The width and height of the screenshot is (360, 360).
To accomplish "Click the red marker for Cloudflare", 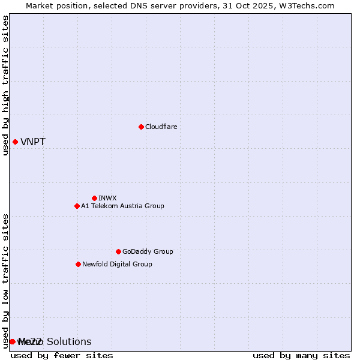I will click(141, 127).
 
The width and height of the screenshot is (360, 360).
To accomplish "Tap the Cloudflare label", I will click(161, 127).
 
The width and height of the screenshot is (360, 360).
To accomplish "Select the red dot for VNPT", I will click(15, 142).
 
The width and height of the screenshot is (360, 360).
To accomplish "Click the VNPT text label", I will click(33, 142).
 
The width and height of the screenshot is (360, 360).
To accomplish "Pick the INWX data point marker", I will click(94, 198).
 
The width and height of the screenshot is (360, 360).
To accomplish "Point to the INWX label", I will click(107, 198).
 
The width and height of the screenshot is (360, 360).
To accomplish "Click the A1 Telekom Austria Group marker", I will click(77, 206).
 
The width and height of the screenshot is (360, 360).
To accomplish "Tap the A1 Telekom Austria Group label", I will click(122, 206).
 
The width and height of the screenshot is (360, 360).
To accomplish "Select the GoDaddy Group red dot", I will click(118, 251).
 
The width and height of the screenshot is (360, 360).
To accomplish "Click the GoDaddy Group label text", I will click(148, 251).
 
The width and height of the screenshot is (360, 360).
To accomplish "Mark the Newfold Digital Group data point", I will click(78, 264).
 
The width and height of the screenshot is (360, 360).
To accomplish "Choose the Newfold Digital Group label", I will click(117, 264).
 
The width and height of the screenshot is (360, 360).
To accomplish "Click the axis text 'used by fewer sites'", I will click(62, 355).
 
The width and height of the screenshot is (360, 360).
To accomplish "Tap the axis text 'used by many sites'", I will click(301, 355).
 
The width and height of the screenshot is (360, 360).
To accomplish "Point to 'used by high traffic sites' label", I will click(5, 85).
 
